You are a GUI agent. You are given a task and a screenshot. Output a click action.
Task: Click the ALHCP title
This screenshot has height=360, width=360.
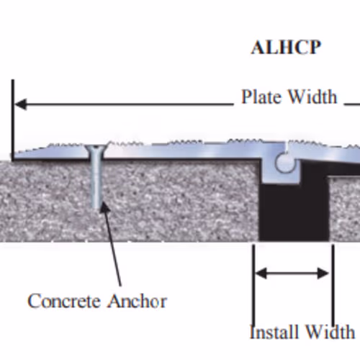pyautogui.click(x=286, y=48)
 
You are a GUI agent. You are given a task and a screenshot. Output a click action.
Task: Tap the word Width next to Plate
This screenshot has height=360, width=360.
pyautogui.click(x=312, y=96)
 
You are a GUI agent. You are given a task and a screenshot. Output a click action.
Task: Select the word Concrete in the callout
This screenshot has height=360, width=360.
pyautogui.click(x=64, y=301)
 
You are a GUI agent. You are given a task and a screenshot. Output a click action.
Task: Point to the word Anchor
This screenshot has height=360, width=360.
pyautogui.click(x=137, y=301)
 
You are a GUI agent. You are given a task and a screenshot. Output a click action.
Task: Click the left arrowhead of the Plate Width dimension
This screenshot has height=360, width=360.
pyautogui.click(x=21, y=104)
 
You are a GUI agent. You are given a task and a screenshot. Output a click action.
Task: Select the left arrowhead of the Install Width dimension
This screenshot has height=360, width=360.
pyautogui.click(x=261, y=273)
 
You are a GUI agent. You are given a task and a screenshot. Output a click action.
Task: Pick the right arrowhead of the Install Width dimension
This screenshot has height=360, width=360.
pyautogui.click(x=323, y=273)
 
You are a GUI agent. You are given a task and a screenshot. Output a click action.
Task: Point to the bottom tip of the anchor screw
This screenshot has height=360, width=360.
pyautogui.click(x=96, y=208)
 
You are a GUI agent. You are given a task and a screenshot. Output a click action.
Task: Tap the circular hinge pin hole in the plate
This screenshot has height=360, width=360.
pyautogui.click(x=285, y=163)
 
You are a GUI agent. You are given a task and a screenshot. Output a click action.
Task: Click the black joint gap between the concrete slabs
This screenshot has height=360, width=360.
pyautogui.click(x=294, y=211)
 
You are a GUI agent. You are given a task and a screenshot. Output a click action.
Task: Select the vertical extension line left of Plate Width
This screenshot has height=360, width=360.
pyautogui.click(x=12, y=120)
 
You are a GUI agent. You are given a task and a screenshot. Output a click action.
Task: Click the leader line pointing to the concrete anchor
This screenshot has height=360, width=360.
pyautogui.click(x=110, y=244)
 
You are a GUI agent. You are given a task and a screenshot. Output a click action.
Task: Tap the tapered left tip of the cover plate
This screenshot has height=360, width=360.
pyautogui.click(x=15, y=156)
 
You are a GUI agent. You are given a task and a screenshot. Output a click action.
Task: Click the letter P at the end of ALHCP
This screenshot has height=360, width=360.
pyautogui.click(x=313, y=48)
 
